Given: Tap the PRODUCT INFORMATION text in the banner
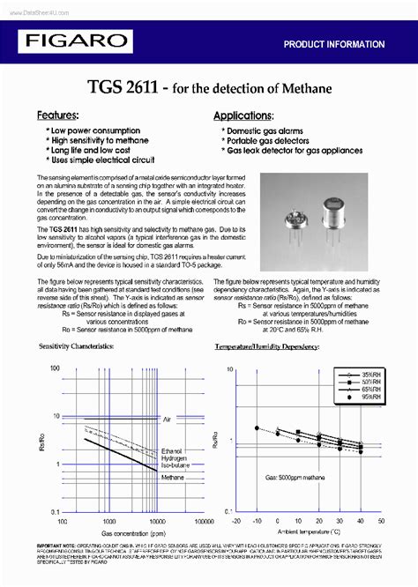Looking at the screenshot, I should coord(333,44).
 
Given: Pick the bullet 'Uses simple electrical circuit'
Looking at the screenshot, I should coord(102,160).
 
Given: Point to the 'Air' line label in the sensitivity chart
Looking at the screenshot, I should coord(168,420).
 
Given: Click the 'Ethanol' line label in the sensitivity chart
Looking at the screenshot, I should coord(172,450).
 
